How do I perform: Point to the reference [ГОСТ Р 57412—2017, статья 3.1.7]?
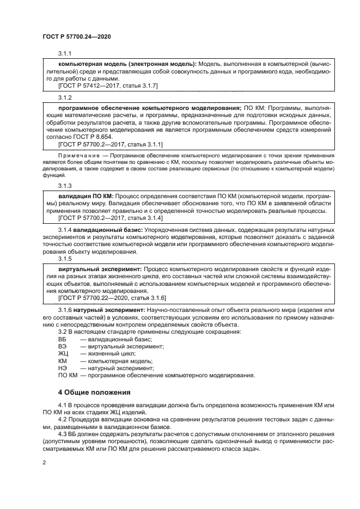tap(107, 86)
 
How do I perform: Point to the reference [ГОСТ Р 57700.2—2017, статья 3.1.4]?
tap(107, 218)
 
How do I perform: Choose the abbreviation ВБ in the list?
tap(62, 339)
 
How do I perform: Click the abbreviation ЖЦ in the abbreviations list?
tap(63, 353)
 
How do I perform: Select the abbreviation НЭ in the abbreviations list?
tap(62, 368)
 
